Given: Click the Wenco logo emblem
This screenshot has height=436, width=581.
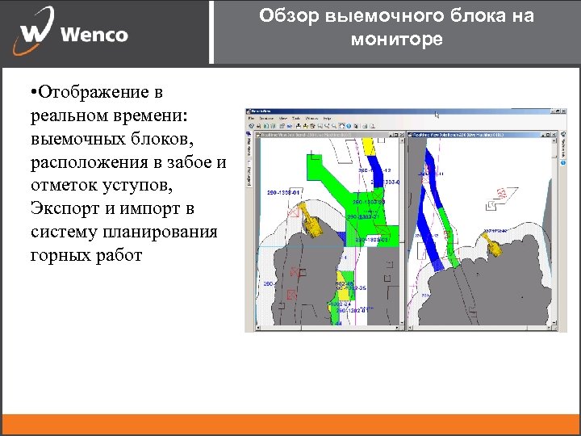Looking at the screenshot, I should point(37,31).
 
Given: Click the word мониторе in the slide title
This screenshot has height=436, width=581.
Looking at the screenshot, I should point(397,39).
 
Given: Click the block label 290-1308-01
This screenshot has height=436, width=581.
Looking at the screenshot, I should point(283,193).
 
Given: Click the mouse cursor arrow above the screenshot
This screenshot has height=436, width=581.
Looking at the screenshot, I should point(437,115).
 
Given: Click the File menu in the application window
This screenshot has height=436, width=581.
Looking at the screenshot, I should point(252,119).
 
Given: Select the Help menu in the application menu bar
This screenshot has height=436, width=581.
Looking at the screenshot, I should point(327,119).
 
